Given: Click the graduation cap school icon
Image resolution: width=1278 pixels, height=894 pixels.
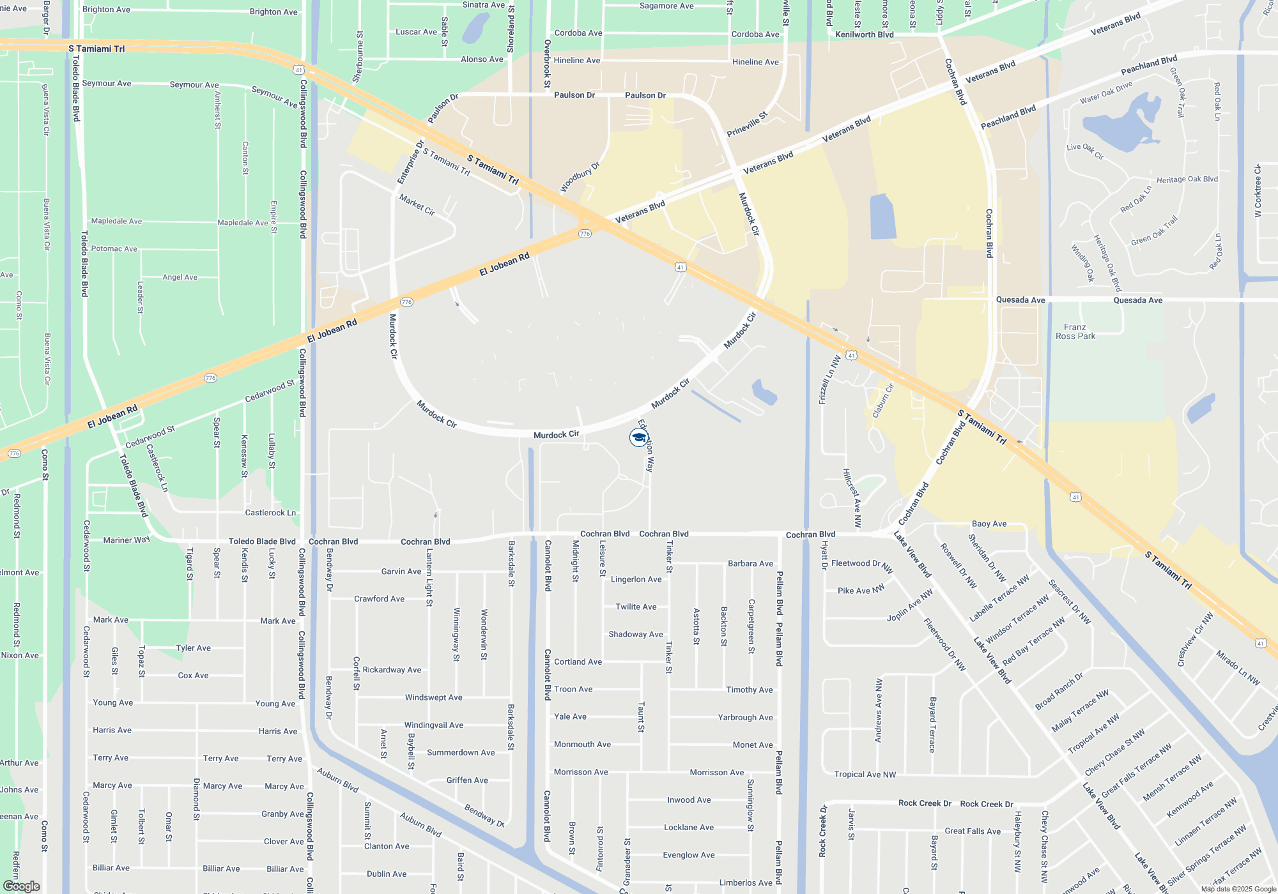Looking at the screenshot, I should click(x=638, y=437).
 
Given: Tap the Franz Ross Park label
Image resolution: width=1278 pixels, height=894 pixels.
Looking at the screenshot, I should click(x=1075, y=331).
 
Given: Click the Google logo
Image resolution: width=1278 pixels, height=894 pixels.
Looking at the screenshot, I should click(x=21, y=886).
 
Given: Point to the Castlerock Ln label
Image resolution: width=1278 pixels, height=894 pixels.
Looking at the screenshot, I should click(x=270, y=513).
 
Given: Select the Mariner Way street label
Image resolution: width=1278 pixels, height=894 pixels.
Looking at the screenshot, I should click(x=127, y=540).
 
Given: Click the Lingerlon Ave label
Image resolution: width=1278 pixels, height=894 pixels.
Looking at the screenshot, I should click(x=636, y=579).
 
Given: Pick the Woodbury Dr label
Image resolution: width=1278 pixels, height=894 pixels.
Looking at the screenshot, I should click(x=580, y=177).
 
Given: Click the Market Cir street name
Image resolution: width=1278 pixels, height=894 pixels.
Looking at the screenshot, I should click(x=417, y=205).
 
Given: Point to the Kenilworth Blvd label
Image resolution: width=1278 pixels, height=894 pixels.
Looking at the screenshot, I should click(x=864, y=34).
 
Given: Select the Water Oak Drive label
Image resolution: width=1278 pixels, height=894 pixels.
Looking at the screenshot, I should click(x=1106, y=93).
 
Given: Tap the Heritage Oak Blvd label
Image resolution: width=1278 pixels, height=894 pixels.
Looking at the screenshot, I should click(x=1187, y=179).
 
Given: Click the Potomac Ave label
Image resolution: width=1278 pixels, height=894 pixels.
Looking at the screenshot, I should click(x=114, y=248).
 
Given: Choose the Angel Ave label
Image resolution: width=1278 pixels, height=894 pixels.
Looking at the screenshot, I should click(x=180, y=277).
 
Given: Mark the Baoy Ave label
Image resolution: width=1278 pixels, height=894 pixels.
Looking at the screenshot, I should click(x=989, y=524).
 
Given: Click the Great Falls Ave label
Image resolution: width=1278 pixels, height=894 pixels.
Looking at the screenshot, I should click(x=973, y=831).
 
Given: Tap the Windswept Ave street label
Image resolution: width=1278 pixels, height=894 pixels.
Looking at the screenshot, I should click(x=433, y=697).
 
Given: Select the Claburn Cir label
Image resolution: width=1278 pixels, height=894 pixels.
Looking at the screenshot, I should click(x=883, y=400).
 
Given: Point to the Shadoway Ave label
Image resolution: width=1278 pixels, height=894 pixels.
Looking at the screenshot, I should click(x=636, y=634).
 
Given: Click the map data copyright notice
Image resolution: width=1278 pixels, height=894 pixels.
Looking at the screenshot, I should click(x=1238, y=889).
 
